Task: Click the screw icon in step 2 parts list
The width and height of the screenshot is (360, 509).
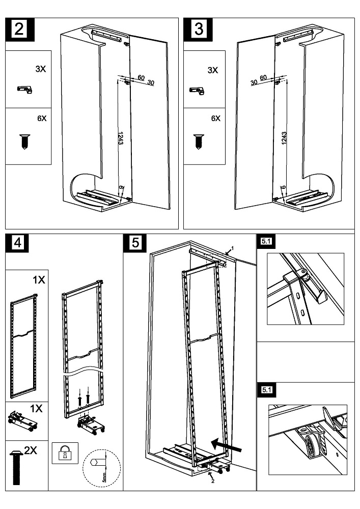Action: (24, 141)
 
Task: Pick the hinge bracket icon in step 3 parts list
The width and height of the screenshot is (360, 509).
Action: (197, 91)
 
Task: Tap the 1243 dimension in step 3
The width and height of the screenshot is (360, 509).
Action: (284, 138)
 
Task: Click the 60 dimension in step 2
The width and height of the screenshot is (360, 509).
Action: (141, 78)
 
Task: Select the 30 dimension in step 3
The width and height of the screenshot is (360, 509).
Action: (253, 82)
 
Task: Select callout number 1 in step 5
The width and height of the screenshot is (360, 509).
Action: (232, 248)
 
